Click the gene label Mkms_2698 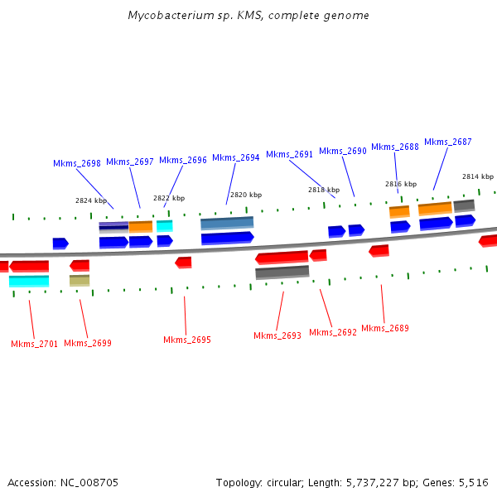(x=77, y=163)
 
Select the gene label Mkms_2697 (x=130, y=162)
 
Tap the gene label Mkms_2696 (x=183, y=160)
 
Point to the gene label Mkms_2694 (x=236, y=157)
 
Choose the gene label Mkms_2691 (x=289, y=154)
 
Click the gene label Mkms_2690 (x=342, y=151)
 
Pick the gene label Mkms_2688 (x=395, y=147)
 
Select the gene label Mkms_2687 (x=448, y=142)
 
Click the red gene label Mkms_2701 (x=35, y=344)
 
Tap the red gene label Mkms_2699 (x=88, y=343)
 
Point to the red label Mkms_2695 (x=187, y=340)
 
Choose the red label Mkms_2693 (x=277, y=335)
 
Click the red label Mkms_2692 (x=333, y=332)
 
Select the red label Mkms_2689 (x=385, y=328)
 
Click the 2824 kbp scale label (x=91, y=200)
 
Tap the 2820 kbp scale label (x=246, y=195)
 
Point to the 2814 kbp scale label (x=478, y=176)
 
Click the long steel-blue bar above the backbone (x=227, y=223)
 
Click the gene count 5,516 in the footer (x=473, y=482)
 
